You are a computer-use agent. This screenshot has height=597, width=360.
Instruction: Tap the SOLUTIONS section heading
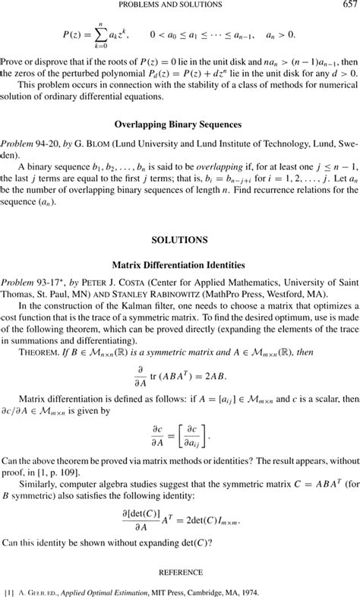[x=180, y=239]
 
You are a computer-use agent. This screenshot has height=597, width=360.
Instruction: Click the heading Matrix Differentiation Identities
[x=180, y=265]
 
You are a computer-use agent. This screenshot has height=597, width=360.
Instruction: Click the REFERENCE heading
[x=180, y=571]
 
